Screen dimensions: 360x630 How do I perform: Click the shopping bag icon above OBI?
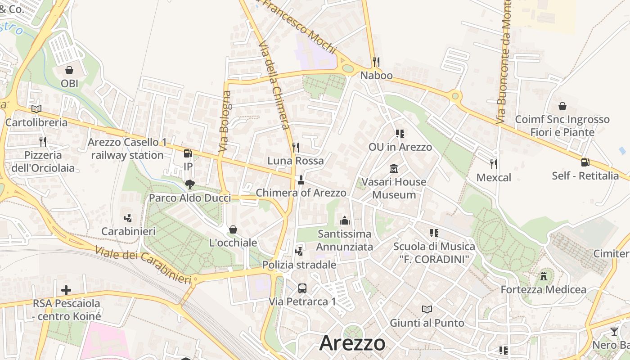[69, 70]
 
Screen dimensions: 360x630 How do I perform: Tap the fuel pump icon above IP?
[188, 153]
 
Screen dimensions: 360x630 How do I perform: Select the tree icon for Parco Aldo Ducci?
[189, 184]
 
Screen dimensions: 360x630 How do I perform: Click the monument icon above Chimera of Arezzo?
[301, 180]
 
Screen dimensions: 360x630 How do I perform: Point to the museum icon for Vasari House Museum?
[394, 169]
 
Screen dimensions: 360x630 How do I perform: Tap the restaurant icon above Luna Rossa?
[295, 147]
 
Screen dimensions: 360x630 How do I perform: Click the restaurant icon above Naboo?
[376, 62]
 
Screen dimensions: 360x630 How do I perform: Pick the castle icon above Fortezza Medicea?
[544, 275]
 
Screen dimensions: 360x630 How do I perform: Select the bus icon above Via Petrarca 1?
[302, 288]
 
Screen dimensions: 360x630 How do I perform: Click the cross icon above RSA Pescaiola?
[66, 290]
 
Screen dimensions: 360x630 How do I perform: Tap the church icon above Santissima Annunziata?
[345, 220]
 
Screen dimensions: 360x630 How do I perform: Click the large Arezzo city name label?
[352, 343]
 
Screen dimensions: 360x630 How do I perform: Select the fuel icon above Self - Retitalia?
[585, 162]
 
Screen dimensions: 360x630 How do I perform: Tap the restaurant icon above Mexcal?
[494, 164]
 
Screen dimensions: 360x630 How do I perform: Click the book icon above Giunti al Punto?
[427, 309]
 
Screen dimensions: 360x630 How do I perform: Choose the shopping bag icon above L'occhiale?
[233, 229]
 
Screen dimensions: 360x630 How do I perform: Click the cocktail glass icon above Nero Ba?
[614, 332]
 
